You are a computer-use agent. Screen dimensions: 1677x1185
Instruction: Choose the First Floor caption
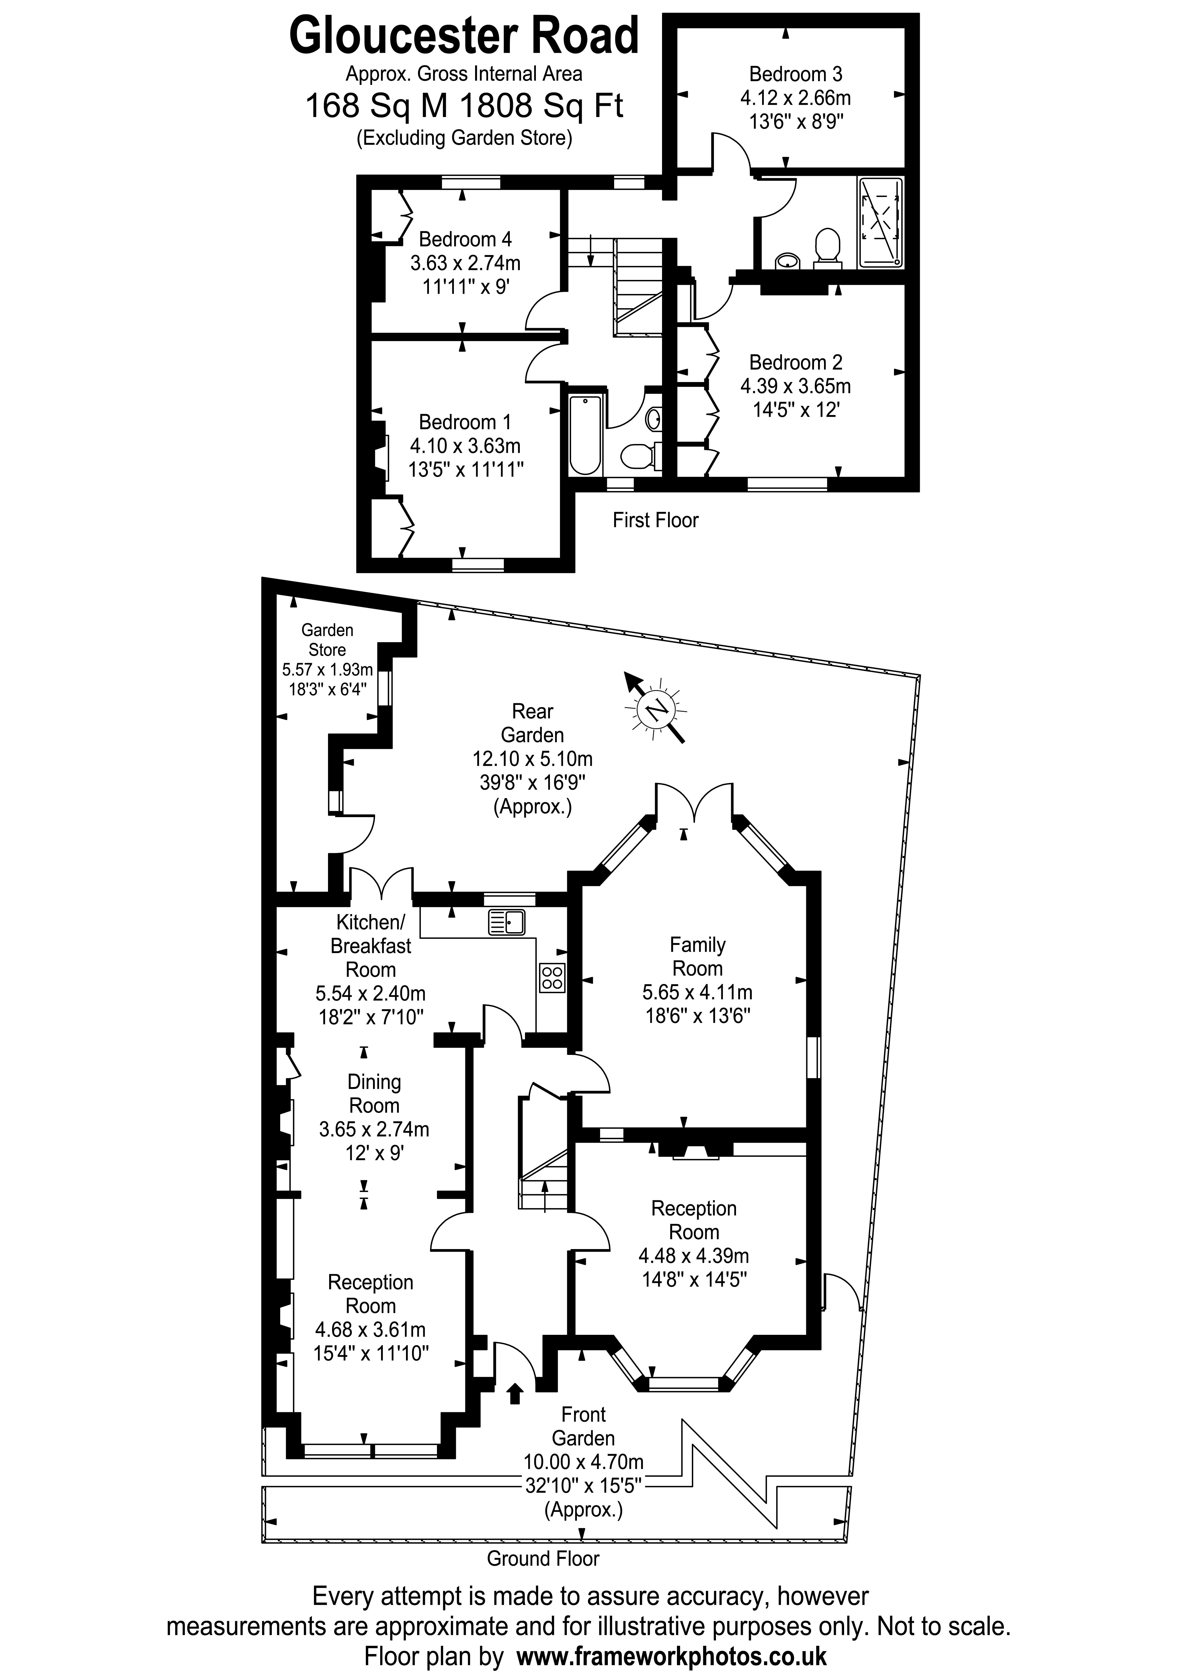655,520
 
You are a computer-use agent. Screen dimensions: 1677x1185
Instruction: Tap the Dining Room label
374,1093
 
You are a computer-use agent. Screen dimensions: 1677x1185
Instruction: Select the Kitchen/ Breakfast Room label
371,946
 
